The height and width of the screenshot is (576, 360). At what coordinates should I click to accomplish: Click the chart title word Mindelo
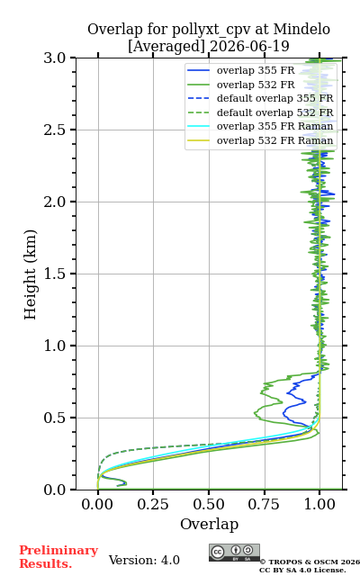point(301,29)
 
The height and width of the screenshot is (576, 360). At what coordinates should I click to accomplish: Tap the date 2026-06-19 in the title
point(249,46)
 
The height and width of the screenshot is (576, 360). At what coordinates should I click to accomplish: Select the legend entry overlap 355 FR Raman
point(260,126)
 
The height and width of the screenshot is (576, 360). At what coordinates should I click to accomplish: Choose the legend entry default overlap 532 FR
point(260,112)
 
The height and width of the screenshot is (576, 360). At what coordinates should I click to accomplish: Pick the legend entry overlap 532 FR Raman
point(260,140)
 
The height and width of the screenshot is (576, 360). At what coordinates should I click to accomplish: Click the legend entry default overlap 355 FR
point(260,98)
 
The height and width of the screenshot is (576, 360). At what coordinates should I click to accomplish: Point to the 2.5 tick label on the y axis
point(55,130)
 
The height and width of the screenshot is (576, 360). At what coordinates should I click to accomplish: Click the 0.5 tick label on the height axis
point(55,418)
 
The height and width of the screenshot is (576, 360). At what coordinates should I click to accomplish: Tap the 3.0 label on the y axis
point(55,58)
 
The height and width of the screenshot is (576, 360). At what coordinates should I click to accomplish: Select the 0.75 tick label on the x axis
point(264,504)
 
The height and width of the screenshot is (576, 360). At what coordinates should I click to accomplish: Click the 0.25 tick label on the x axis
point(153,504)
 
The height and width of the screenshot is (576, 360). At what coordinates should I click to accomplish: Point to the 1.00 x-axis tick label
point(319,504)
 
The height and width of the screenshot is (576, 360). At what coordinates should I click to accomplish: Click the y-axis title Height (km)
point(30,274)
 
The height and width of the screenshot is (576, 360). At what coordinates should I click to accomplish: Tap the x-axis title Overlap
point(210,524)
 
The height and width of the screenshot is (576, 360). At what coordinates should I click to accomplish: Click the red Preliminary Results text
point(58,557)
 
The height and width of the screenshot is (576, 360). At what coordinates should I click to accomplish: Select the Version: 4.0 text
point(144,560)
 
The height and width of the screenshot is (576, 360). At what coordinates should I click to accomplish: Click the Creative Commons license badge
point(234,553)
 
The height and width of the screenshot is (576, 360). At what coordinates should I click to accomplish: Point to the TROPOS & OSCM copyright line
point(310,562)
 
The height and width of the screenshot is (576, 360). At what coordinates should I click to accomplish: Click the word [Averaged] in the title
point(166,46)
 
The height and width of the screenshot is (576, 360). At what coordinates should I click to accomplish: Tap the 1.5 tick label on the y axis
point(55,274)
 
